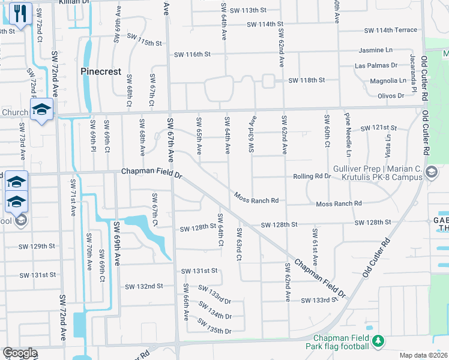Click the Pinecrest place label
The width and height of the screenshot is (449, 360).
(x=101, y=71)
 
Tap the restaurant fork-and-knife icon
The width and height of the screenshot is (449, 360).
(x=20, y=13)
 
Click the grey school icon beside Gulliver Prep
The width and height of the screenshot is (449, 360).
(x=430, y=173)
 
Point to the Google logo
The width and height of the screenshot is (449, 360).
(x=19, y=353)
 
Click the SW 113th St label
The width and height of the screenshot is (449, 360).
(x=247, y=11)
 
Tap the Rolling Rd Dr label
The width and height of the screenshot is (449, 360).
(x=312, y=176)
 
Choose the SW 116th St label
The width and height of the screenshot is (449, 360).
(x=192, y=54)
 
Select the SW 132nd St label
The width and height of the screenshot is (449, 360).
(x=143, y=286)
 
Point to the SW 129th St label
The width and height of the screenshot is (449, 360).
(x=37, y=247)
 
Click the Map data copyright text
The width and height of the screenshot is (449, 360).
(x=424, y=355)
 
